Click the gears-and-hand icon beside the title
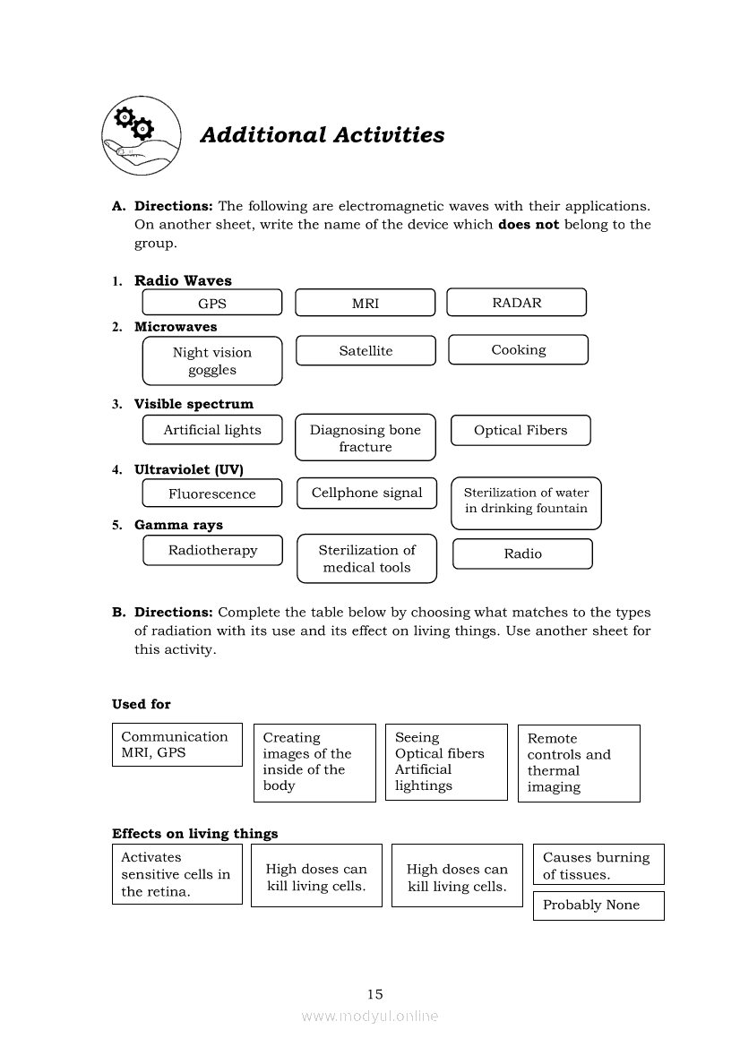pos(141,137)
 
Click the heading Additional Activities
pos(322,135)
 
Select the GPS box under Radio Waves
pos(212,303)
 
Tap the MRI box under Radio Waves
pos(365,303)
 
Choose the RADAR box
pos(516,302)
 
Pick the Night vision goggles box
pos(212,361)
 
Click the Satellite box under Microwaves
pos(366,350)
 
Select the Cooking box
pos(518,349)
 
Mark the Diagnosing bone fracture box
pos(366,438)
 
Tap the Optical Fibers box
pos(521,430)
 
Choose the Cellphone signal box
pos(366,493)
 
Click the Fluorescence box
pos(212,493)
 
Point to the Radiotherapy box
pos(212,550)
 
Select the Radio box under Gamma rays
pos(522,554)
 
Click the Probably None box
pos(598,905)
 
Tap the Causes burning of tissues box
pos(598,865)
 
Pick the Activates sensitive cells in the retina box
pos(177,874)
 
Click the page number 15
pos(374,993)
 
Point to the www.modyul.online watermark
pos(370,1016)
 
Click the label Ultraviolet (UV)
pos(189,469)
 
